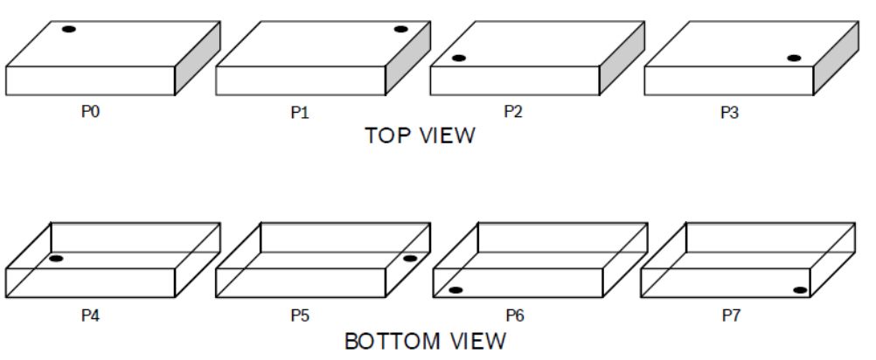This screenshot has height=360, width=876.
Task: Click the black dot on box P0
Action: tap(69, 30)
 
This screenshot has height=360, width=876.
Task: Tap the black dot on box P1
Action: tap(400, 30)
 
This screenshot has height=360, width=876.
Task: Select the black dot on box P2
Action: tap(458, 59)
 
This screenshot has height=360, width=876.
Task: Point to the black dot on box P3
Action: tap(793, 59)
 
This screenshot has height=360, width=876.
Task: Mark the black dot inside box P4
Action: tap(56, 259)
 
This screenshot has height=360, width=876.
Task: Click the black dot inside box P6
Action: tap(455, 290)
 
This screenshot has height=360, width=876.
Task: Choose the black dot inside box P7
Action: tap(799, 290)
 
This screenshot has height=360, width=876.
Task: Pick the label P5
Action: tap(301, 315)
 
